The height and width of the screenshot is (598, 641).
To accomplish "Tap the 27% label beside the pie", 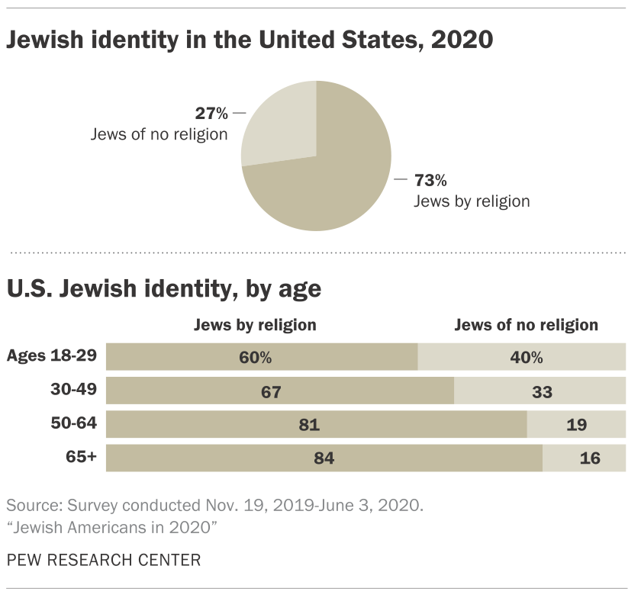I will [x=211, y=114].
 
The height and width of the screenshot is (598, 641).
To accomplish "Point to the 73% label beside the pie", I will [x=430, y=181].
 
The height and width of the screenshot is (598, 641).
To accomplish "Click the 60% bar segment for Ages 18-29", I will [x=262, y=357].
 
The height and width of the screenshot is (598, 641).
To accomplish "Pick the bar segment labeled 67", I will [x=280, y=392].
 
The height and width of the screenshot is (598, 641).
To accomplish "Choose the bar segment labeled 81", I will [x=317, y=425].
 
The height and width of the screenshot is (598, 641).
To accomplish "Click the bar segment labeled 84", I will [x=324, y=458].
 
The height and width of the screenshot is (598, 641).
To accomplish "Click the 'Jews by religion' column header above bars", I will [x=255, y=325].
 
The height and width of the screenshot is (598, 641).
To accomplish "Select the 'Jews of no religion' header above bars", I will [x=527, y=325].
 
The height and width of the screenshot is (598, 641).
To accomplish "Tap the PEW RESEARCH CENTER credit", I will [x=103, y=561].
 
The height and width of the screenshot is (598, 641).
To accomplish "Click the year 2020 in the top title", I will [x=462, y=40].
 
